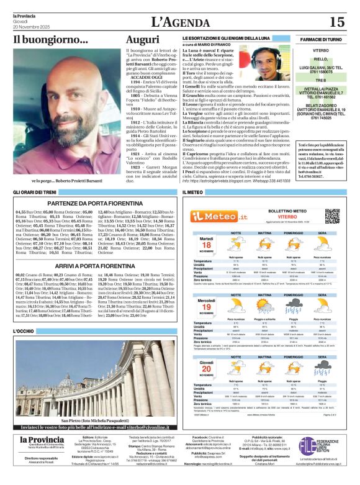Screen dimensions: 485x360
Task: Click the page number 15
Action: pos(336,22)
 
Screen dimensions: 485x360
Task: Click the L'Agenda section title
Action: pos(181,22)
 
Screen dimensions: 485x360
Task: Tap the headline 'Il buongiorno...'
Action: pos(51,40)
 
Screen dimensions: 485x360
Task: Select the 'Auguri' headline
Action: pos(143,40)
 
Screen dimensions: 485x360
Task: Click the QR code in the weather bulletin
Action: pos(332,216)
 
